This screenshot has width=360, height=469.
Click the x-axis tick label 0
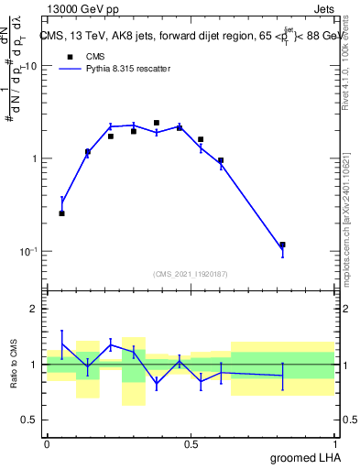tap(47, 444)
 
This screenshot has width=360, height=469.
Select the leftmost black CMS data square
tap(62, 213)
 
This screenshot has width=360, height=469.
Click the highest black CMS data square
tap(157, 123)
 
